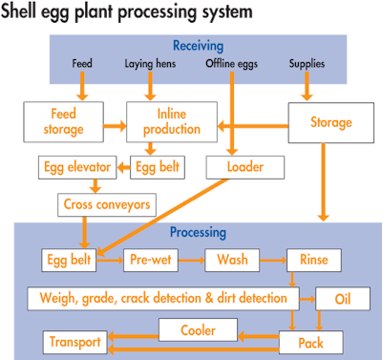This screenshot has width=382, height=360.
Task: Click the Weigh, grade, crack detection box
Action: point(159,298)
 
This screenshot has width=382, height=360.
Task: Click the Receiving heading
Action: point(198,45)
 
